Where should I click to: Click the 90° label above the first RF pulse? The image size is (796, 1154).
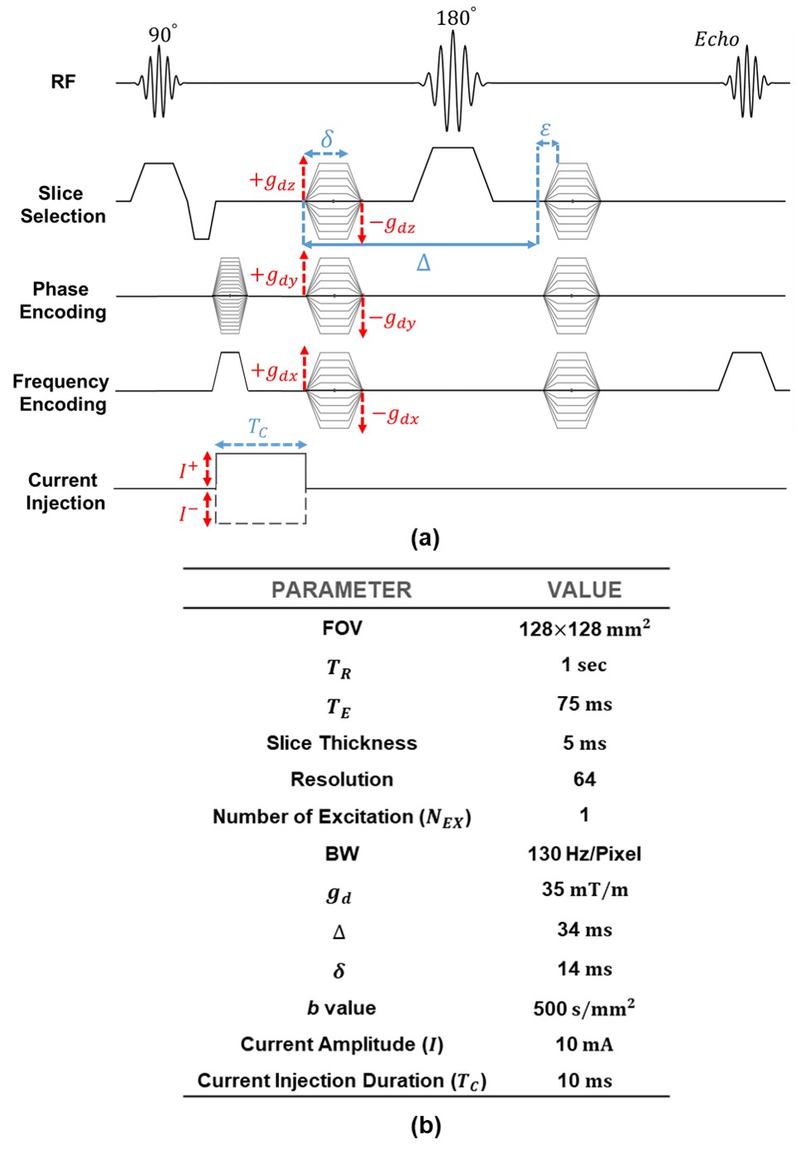point(162,34)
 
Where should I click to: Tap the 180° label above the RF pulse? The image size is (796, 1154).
point(456,17)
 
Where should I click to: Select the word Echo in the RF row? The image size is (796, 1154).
point(716,39)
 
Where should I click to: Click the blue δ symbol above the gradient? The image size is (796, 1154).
point(327,139)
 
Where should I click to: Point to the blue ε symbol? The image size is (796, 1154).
point(545,129)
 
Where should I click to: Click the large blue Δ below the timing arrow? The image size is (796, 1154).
point(423,264)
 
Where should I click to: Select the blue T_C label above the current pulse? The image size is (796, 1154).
point(258,428)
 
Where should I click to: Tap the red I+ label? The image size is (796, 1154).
point(188,470)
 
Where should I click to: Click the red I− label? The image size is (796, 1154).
point(188,514)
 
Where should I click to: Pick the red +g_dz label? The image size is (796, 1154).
point(272,181)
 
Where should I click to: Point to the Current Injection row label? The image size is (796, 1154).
point(65,491)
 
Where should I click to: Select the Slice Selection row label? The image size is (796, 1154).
point(62,204)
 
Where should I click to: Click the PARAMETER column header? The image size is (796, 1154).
point(341,590)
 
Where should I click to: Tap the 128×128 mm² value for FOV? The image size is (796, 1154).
point(584,628)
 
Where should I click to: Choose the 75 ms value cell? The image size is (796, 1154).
point(584,704)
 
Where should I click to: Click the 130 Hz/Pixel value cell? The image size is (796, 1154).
point(584,854)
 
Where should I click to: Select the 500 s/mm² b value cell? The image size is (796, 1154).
point(584,1008)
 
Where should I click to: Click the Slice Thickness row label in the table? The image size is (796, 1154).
point(341,743)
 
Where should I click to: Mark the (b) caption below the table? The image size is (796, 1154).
point(425,1125)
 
